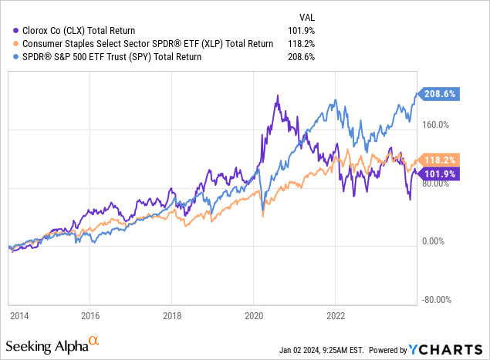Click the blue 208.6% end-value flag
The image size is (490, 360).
coord(441,93)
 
